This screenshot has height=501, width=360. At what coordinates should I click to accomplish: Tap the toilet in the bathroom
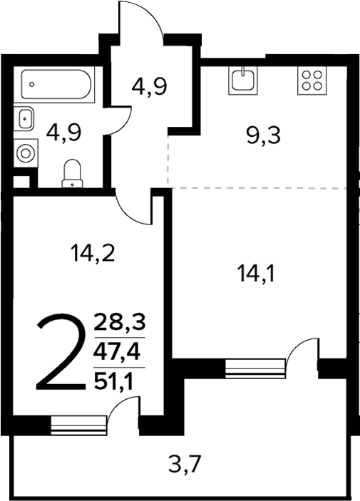(72, 173)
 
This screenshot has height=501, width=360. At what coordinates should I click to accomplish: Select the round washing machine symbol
(26, 153)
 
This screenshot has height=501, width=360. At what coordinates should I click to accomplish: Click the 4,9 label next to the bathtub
(62, 131)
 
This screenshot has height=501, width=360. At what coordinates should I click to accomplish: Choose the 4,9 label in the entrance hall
(149, 88)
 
